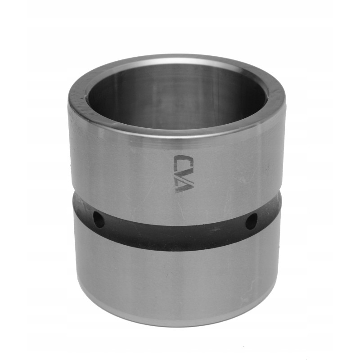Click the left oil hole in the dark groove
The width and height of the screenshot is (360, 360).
[x=98, y=220]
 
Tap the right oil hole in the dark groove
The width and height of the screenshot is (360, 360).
[x=251, y=220]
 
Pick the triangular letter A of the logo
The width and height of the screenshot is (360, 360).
[x=184, y=184]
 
